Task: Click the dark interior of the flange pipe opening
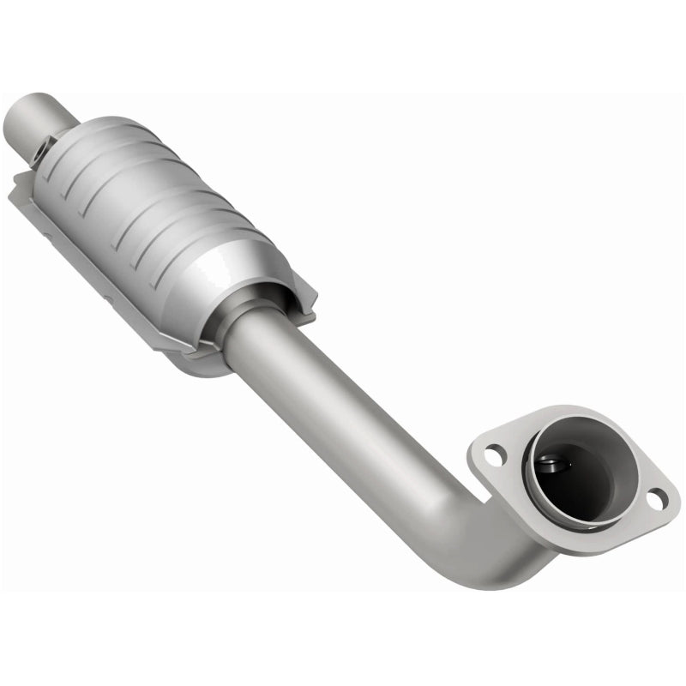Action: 579,480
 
